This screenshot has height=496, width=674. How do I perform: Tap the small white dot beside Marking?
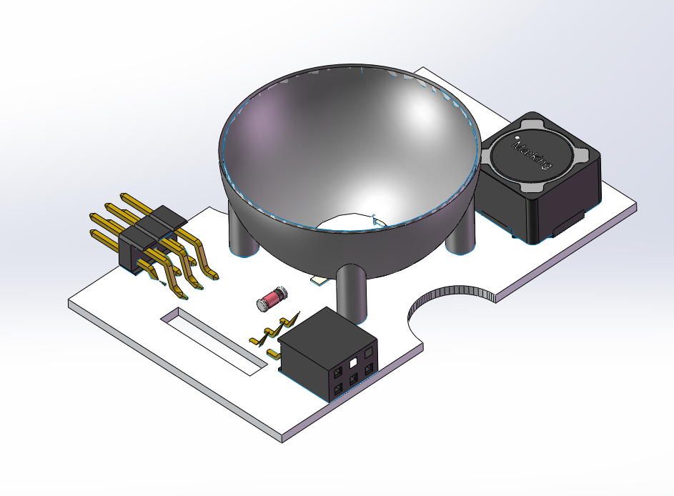[516, 138]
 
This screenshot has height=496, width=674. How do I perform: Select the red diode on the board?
[272, 298]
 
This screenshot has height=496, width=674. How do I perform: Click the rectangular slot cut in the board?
[214, 342]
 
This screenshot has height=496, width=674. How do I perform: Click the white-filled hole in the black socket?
[353, 363]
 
